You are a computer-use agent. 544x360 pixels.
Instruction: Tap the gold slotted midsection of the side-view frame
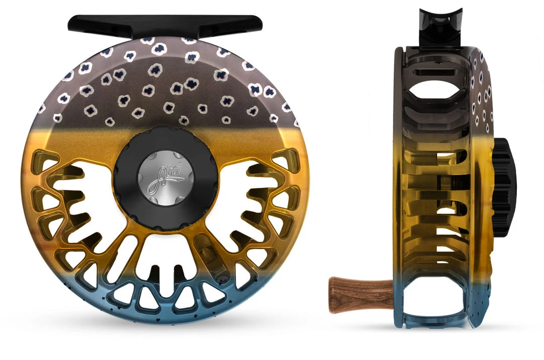[433, 201]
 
